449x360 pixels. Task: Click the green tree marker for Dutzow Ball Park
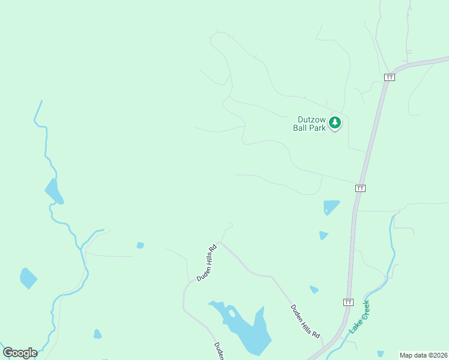tap(335, 123)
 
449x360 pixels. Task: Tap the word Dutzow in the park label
tap(312, 119)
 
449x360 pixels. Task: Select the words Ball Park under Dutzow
tap(309, 127)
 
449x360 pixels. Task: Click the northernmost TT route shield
tap(390, 77)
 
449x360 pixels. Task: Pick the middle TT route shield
tap(360, 188)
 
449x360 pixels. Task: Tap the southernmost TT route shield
tap(348, 301)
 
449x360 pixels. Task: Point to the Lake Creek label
tap(360, 318)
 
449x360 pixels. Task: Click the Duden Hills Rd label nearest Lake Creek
tap(306, 321)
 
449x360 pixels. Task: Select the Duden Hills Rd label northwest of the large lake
tap(206, 263)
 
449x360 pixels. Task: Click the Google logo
tap(20, 352)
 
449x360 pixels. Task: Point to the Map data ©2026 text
tap(424, 355)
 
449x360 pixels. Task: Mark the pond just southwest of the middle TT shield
tap(331, 206)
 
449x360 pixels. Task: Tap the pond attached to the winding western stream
tap(54, 191)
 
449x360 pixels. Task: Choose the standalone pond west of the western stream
tap(28, 278)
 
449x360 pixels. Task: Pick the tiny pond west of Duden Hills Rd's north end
tap(140, 245)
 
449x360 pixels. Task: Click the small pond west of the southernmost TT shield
tap(314, 290)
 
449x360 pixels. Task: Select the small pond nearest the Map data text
tap(381, 354)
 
